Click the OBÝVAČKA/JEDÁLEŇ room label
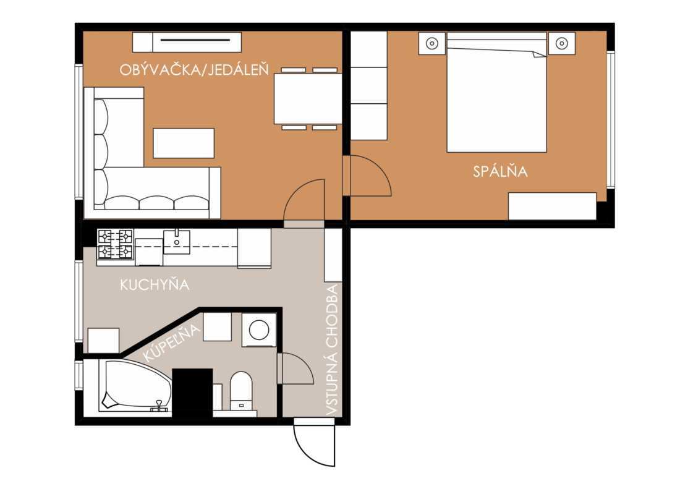coord(194,69)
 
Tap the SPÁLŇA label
coord(500,171)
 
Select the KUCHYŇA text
coord(155,284)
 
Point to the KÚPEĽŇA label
coord(172,343)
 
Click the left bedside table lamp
coord(432,43)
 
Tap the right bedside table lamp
coord(561,43)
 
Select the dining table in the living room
coord(307,99)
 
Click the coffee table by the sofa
coord(184,143)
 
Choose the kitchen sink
coord(177,242)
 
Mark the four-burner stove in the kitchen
coord(115,244)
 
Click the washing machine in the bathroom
coord(259,330)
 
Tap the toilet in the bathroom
coord(241,390)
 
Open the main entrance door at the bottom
coord(315,442)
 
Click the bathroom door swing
coord(295,368)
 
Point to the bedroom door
coord(367,176)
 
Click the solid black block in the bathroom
coord(192,393)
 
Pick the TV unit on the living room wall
coord(187,42)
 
